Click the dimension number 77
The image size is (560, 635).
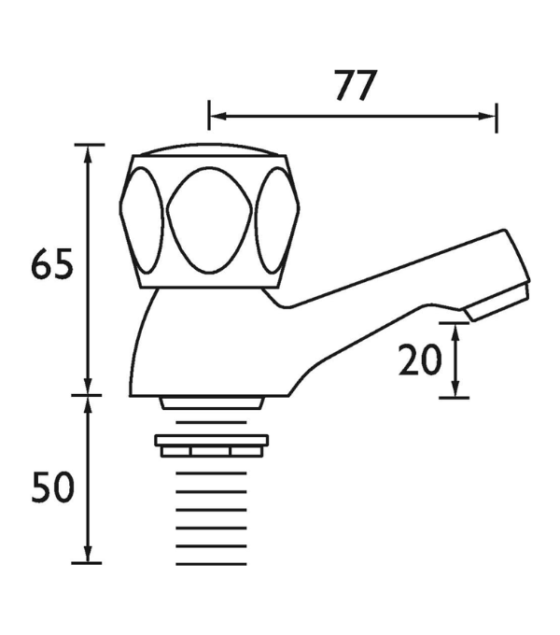(356, 86)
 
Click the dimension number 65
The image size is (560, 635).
(52, 264)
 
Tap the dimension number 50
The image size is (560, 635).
(52, 487)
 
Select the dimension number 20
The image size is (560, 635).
(420, 360)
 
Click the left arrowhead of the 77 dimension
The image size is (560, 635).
(217, 116)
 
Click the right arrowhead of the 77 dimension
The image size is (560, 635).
(487, 116)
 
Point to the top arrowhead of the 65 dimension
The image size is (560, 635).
(88, 153)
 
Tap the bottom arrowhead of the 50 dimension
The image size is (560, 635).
(88, 554)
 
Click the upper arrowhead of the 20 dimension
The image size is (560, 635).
(455, 332)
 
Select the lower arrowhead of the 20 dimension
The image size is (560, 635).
(455, 389)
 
